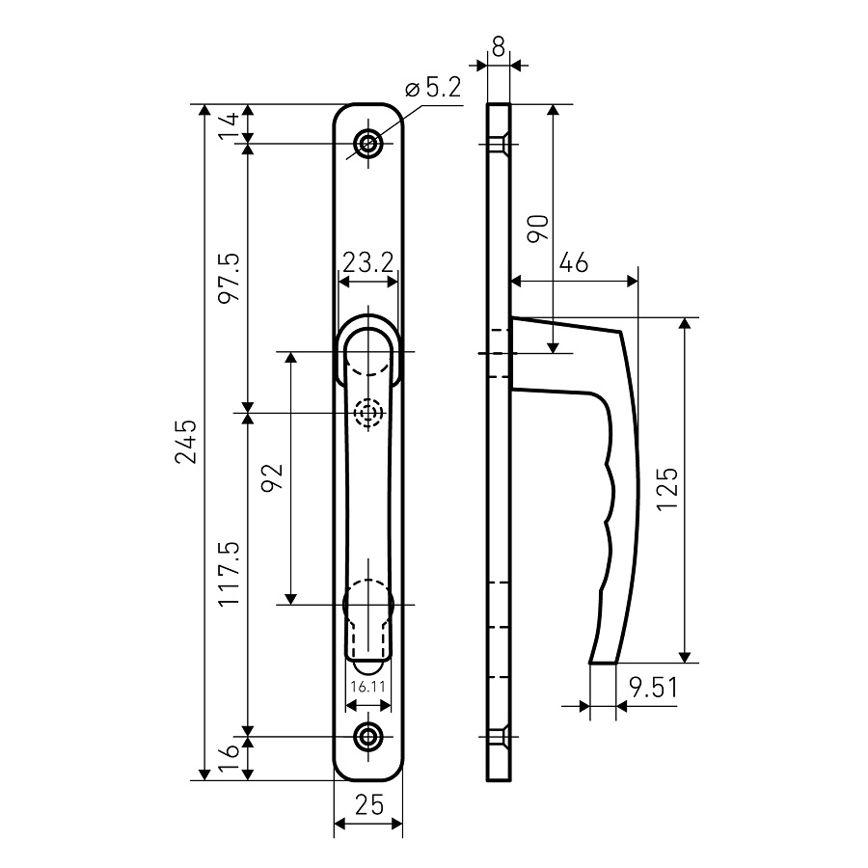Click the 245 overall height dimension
pyautogui.click(x=186, y=441)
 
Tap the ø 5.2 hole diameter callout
pyautogui.click(x=433, y=88)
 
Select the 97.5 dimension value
pyautogui.click(x=230, y=277)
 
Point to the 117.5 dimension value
pyautogui.click(x=230, y=573)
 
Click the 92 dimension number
pyautogui.click(x=272, y=477)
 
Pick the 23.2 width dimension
pyautogui.click(x=368, y=262)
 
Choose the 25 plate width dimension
pyautogui.click(x=369, y=805)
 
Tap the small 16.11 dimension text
pyautogui.click(x=368, y=687)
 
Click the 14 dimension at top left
pyautogui.click(x=229, y=125)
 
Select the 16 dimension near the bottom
pyautogui.click(x=229, y=757)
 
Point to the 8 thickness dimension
pyautogui.click(x=499, y=47)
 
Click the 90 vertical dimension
pyautogui.click(x=537, y=228)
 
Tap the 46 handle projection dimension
pyautogui.click(x=574, y=262)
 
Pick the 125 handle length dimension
pyautogui.click(x=667, y=489)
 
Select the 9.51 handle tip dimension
pyautogui.click(x=653, y=688)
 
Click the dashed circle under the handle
pyautogui.click(x=368, y=413)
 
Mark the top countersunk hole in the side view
pyautogui.click(x=499, y=144)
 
